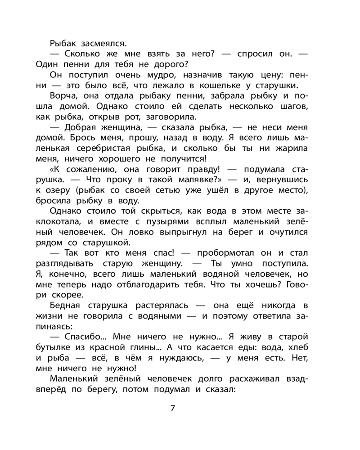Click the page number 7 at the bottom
(x=172, y=409)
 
